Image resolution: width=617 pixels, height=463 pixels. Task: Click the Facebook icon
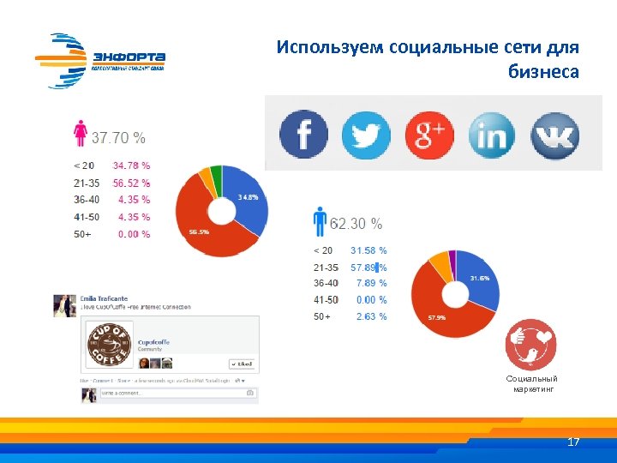pyautogui.click(x=304, y=135)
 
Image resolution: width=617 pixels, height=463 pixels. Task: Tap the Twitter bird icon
pyautogui.click(x=366, y=135)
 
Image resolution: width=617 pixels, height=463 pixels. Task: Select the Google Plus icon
pyautogui.click(x=429, y=135)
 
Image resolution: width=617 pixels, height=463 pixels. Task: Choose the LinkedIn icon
pyautogui.click(x=493, y=135)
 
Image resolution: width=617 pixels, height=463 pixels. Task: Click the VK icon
pyautogui.click(x=554, y=135)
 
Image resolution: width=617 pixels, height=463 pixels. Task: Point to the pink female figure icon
pyautogui.click(x=81, y=135)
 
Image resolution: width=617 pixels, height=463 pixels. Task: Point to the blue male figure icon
pyautogui.click(x=320, y=221)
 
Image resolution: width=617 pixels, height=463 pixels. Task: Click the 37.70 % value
pyautogui.click(x=118, y=137)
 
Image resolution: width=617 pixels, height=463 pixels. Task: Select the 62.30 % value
pyautogui.click(x=356, y=224)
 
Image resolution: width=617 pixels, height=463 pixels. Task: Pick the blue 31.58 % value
pyautogui.click(x=368, y=250)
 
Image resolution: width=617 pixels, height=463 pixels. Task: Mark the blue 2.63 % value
pyautogui.click(x=372, y=316)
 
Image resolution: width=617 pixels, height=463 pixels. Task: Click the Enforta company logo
pyautogui.click(x=100, y=60)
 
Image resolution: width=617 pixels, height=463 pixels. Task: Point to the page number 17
pyautogui.click(x=573, y=442)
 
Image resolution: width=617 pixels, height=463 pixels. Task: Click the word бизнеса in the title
pyautogui.click(x=543, y=72)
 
